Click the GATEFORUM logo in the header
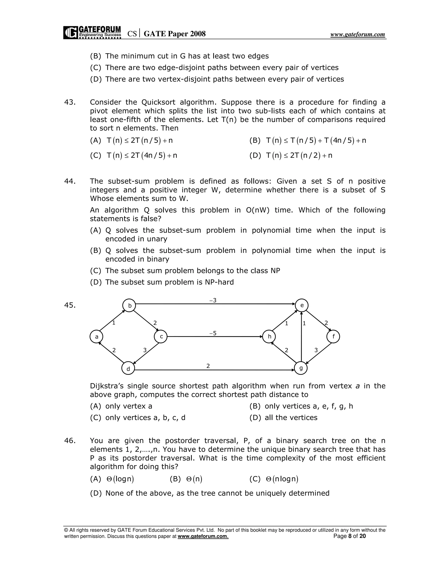coord(92,32)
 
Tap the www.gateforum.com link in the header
coord(358,34)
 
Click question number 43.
coord(70,102)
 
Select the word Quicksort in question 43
coord(159,102)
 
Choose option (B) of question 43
coord(307,141)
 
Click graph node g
coord(301,368)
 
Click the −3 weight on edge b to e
coord(213,300)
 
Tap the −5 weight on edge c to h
coord(213,333)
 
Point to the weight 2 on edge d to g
coord(208,366)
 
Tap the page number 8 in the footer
coord(350,536)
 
